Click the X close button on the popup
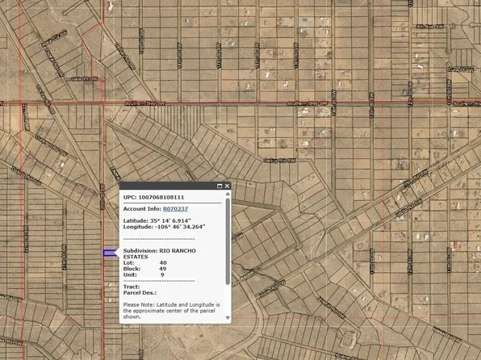[x=228, y=186]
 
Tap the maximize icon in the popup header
[x=219, y=186]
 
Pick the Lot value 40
[x=163, y=262]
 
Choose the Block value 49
[x=163, y=269]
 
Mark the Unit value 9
[x=162, y=275]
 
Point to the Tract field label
[x=132, y=286]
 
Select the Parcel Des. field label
[x=139, y=292]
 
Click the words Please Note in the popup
[x=138, y=303]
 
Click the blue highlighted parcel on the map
[x=110, y=253]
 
